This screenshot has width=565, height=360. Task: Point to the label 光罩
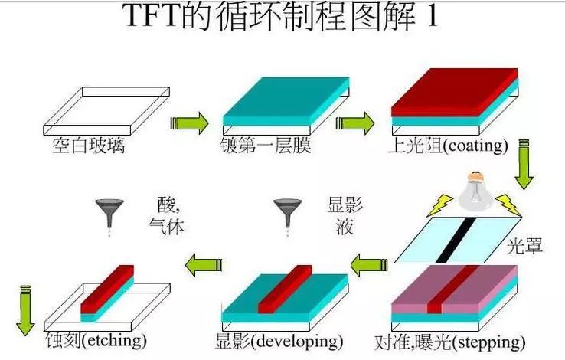click(525, 247)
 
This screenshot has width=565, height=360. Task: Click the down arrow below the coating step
click(524, 164)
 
